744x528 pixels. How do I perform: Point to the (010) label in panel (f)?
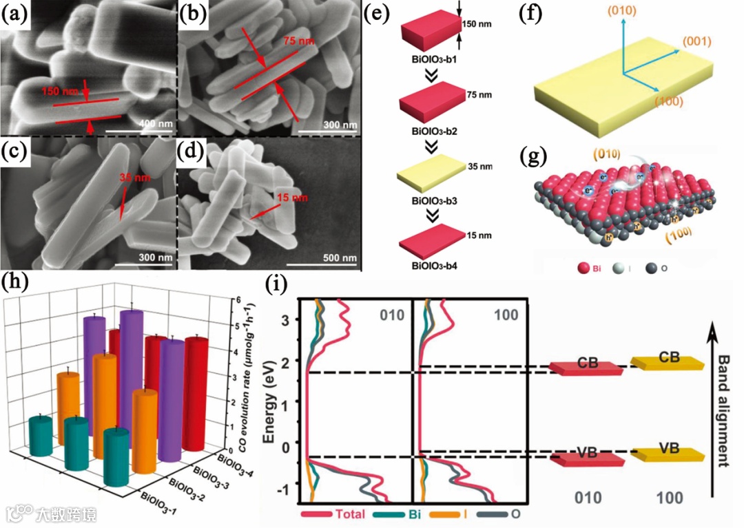pyautogui.click(x=622, y=10)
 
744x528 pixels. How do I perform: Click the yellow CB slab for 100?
pyautogui.click(x=668, y=361)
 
